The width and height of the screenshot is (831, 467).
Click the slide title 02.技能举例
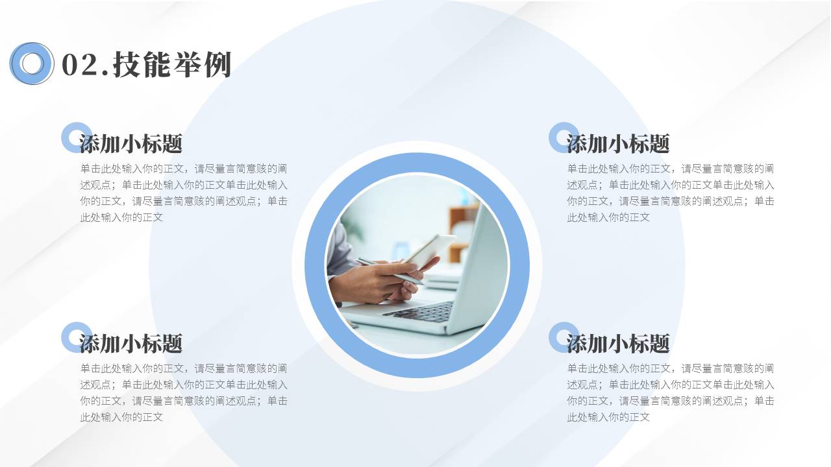pos(146,65)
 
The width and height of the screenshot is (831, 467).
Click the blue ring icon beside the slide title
pos(31,63)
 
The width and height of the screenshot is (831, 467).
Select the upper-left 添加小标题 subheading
pos(130,143)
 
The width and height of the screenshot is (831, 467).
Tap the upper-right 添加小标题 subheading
pos(617,143)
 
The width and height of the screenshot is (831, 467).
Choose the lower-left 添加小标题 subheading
pos(130,343)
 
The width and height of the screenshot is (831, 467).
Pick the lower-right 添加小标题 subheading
pos(617,343)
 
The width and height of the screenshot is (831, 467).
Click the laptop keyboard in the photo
pos(422,312)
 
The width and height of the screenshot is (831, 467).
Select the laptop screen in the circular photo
pos(480,266)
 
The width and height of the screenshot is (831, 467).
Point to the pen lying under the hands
pos(390,270)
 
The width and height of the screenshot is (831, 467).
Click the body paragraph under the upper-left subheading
pos(184,193)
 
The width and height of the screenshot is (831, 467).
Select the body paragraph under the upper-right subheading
pos(671,193)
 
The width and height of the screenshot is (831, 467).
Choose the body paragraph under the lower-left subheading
pos(184,392)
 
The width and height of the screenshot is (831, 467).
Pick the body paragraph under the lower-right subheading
pos(671,392)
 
